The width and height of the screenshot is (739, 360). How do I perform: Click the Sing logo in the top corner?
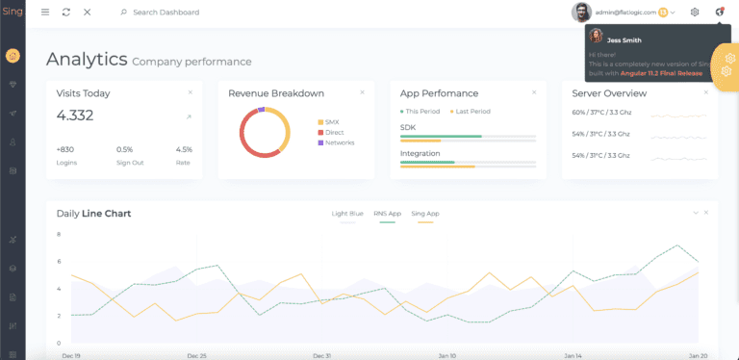(12, 12)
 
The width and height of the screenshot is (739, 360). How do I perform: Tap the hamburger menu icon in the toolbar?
(45, 13)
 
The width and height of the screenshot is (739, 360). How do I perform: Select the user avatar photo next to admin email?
(581, 12)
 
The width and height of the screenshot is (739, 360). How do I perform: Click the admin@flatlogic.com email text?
(625, 13)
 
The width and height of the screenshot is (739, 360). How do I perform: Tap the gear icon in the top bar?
(695, 12)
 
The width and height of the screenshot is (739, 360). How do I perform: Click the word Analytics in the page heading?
(87, 60)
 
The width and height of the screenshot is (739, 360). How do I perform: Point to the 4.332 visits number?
(74, 116)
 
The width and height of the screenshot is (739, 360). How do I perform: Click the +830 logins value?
(65, 149)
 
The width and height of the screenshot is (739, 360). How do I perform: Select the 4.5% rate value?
(184, 149)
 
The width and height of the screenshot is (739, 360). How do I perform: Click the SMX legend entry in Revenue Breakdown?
(331, 122)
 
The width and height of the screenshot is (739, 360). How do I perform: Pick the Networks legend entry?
(339, 142)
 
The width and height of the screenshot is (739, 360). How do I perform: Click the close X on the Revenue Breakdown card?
(362, 92)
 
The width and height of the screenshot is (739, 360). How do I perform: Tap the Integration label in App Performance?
(420, 153)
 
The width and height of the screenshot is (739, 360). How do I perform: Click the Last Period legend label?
(472, 112)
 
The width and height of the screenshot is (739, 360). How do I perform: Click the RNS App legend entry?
(388, 213)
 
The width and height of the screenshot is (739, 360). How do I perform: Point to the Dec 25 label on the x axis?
(197, 355)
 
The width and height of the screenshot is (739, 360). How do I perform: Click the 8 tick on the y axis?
(59, 234)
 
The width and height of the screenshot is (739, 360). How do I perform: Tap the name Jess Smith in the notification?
(625, 40)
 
